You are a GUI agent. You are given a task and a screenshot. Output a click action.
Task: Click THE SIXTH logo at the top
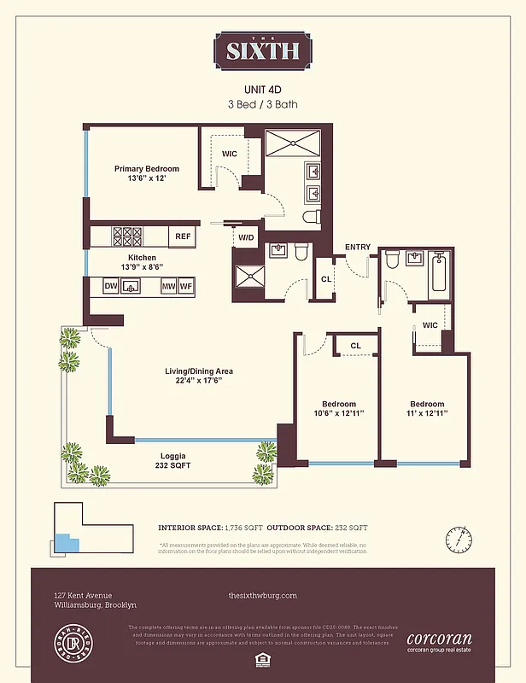pyautogui.click(x=263, y=50)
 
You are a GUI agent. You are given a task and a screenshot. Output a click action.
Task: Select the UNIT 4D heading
pyautogui.click(x=263, y=89)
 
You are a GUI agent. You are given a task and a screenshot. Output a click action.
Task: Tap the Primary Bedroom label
pyautogui.click(x=147, y=169)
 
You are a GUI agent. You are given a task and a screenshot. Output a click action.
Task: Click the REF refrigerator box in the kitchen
pyautogui.click(x=184, y=236)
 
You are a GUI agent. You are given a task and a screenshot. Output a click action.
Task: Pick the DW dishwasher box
pyautogui.click(x=111, y=287)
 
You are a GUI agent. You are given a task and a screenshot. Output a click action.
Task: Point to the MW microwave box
pyautogui.click(x=168, y=287)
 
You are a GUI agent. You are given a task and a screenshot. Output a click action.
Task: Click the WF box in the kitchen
pyautogui.click(x=185, y=287)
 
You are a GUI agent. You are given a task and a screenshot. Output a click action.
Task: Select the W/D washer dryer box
pyautogui.click(x=246, y=237)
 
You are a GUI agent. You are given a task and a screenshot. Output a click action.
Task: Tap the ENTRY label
pyautogui.click(x=358, y=248)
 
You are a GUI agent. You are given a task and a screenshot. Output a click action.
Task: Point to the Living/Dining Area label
pyautogui.click(x=199, y=371)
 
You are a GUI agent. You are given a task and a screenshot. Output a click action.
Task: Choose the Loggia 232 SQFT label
pyautogui.click(x=173, y=460)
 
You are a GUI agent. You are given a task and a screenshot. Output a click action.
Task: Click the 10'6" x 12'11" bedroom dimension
pyautogui.click(x=338, y=414)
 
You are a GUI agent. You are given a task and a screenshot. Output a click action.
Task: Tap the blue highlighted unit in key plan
pyautogui.click(x=63, y=543)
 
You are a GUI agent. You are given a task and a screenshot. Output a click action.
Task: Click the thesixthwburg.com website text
pyautogui.click(x=263, y=595)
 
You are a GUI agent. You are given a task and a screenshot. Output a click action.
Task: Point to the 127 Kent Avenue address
pyautogui.click(x=83, y=595)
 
